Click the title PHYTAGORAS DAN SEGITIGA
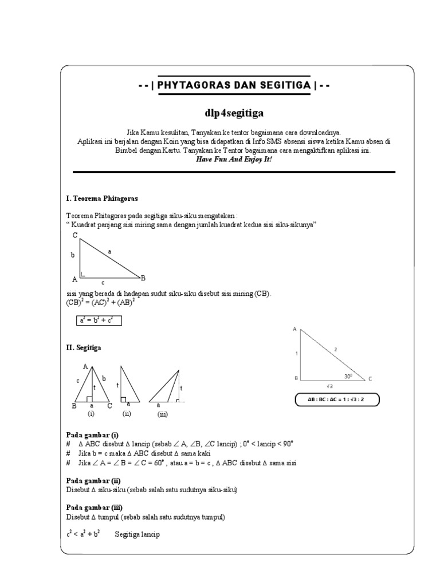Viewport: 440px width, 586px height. pos(234,85)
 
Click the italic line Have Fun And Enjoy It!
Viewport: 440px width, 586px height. pos(234,159)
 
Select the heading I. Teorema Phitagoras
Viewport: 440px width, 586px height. pos(102,198)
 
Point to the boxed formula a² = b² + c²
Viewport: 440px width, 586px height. pos(99,320)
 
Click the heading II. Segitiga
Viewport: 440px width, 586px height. pos(85,347)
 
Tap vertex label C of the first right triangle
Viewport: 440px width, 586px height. pos(75,235)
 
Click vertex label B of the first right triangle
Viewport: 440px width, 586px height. pos(143,278)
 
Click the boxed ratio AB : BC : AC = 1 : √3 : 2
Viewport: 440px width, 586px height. pos(337,400)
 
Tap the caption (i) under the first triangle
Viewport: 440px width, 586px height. pos(91,413)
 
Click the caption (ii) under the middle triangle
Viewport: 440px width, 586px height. pos(127,413)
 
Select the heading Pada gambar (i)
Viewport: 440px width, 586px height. pos(92,435)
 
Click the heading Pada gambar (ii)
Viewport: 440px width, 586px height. pos(93,481)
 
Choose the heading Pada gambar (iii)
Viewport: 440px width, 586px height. pos(94,508)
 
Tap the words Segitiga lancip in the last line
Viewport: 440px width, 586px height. pos(137,534)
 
